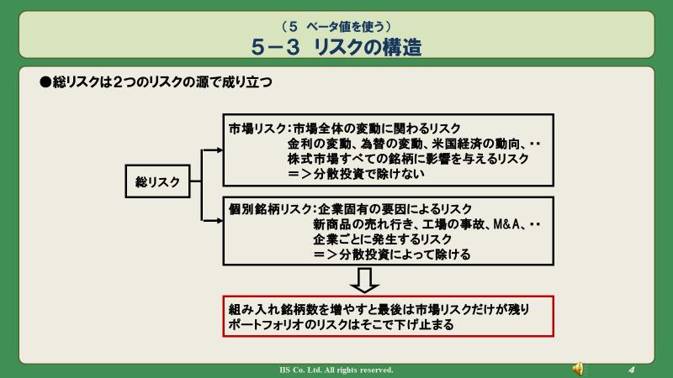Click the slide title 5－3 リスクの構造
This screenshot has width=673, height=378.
click(336, 47)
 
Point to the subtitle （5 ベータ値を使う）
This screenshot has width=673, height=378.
click(336, 27)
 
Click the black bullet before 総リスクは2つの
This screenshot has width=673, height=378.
click(45, 81)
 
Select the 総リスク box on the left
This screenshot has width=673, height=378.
click(157, 181)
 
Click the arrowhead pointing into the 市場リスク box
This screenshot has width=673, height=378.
click(220, 150)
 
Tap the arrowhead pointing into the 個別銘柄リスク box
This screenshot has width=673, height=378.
click(220, 221)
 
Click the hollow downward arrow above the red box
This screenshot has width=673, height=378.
click(364, 281)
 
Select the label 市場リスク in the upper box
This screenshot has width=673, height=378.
click(257, 129)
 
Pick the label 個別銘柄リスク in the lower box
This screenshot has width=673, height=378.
click(270, 209)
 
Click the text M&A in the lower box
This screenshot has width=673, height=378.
click(506, 224)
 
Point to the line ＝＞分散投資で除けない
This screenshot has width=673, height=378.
click(356, 174)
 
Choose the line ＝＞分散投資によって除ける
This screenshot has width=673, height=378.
click(391, 255)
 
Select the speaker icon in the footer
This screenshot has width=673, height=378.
click(579, 369)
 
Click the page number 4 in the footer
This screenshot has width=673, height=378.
click(632, 370)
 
